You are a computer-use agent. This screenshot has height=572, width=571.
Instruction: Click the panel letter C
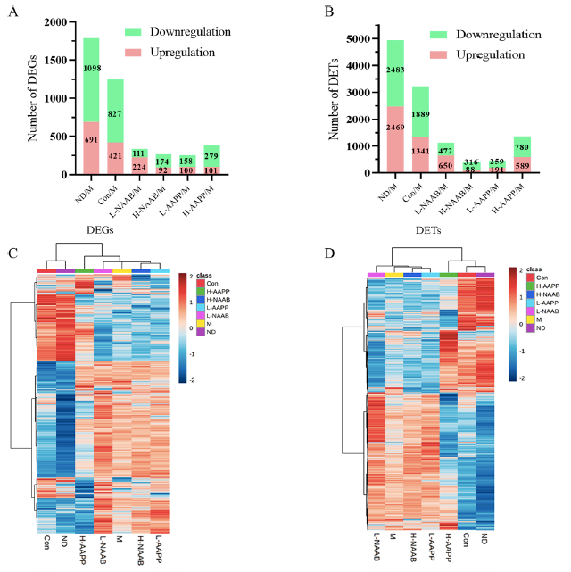point(13,253)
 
